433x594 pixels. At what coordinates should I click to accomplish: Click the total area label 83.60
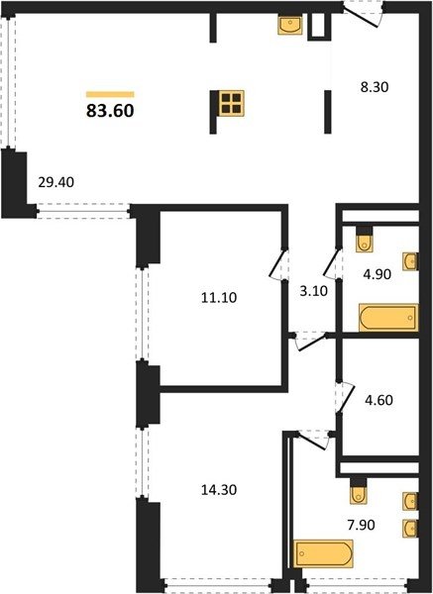pyautogui.click(x=110, y=111)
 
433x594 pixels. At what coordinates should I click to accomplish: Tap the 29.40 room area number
pyautogui.click(x=56, y=182)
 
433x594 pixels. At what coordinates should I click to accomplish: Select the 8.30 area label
pyautogui.click(x=375, y=87)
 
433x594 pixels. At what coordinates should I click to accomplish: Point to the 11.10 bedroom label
pyautogui.click(x=219, y=298)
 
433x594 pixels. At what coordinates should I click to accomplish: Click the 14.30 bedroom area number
pyautogui.click(x=219, y=490)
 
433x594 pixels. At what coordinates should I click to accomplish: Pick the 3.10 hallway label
pyautogui.click(x=314, y=291)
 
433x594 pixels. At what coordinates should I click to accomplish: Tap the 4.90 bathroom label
pyautogui.click(x=377, y=274)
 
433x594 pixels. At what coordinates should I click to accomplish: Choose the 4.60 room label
pyautogui.click(x=379, y=400)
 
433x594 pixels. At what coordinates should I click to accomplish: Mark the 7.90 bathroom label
pyautogui.click(x=362, y=525)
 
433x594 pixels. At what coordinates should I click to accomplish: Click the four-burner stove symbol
pyautogui.click(x=231, y=103)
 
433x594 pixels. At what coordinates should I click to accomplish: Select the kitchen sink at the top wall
pyautogui.click(x=290, y=25)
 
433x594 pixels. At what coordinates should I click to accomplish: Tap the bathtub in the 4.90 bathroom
pyautogui.click(x=388, y=318)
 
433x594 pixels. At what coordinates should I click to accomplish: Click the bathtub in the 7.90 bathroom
pyautogui.click(x=323, y=553)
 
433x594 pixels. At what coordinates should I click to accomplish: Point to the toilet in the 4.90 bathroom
pyautogui.click(x=365, y=240)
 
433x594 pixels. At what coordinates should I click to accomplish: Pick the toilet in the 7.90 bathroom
pyautogui.click(x=359, y=492)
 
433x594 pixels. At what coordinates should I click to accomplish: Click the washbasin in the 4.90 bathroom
pyautogui.click(x=410, y=261)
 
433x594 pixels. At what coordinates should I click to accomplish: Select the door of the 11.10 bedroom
pyautogui.click(x=278, y=264)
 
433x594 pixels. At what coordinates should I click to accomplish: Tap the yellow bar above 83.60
pyautogui.click(x=110, y=94)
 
